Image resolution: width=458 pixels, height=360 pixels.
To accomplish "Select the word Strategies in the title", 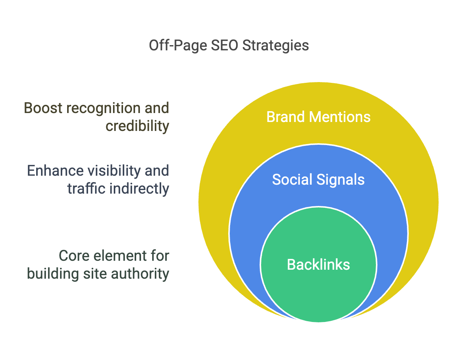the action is point(276,46).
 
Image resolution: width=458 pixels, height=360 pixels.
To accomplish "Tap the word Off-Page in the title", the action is point(178,46).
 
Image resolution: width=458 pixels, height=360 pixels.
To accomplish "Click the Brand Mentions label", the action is point(318,117).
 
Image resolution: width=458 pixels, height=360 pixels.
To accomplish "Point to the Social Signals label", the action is point(318,180).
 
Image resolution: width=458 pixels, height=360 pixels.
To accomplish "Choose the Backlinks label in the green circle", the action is point(318,264).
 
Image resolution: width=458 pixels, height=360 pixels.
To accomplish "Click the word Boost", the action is point(43,108).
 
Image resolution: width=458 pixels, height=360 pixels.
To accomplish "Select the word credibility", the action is point(137,126).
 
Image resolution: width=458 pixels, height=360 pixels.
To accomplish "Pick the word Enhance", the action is point(55,170).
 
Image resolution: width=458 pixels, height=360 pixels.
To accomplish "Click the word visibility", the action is point(114,171).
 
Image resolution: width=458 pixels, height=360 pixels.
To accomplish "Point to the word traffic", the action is point(86,188).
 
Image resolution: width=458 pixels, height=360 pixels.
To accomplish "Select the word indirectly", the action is point(139,189).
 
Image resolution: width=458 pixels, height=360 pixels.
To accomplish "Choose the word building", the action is point(53,274).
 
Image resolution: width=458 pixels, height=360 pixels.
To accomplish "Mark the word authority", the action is point(140,274).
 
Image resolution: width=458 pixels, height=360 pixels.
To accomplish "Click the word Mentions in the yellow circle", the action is point(339,117).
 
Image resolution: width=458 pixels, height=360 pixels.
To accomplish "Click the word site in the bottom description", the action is point(95,273).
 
